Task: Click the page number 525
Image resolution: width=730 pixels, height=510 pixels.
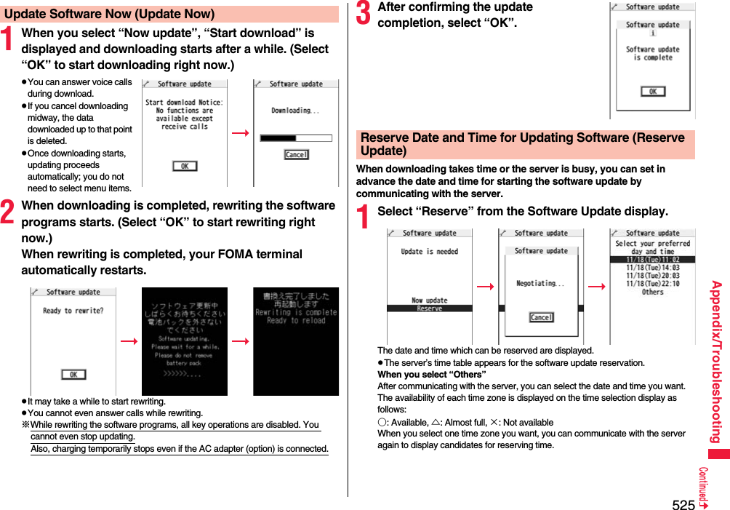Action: (683, 503)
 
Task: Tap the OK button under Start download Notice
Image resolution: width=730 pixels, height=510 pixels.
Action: (185, 166)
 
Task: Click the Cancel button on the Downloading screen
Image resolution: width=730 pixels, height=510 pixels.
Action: (296, 154)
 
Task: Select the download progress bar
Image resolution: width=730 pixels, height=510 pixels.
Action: (296, 138)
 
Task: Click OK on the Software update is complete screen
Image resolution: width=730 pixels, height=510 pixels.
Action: (652, 91)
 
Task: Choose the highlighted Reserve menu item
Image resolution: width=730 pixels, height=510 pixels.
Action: (430, 308)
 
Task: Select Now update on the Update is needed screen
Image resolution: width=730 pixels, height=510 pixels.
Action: (430, 300)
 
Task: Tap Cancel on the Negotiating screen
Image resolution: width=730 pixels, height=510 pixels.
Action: (541, 317)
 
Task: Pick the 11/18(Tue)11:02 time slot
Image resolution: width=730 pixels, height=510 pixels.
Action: (652, 260)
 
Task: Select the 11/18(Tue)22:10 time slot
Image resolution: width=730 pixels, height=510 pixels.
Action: (652, 284)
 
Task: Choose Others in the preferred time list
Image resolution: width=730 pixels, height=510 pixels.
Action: (652, 292)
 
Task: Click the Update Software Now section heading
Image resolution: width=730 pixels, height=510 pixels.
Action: (109, 14)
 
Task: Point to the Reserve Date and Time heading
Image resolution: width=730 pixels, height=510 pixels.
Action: (524, 144)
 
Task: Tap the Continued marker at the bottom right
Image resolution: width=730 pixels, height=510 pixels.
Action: (704, 487)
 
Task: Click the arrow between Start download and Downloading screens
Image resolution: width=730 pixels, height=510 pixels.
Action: (241, 133)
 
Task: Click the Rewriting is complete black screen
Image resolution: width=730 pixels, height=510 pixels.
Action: (296, 341)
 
